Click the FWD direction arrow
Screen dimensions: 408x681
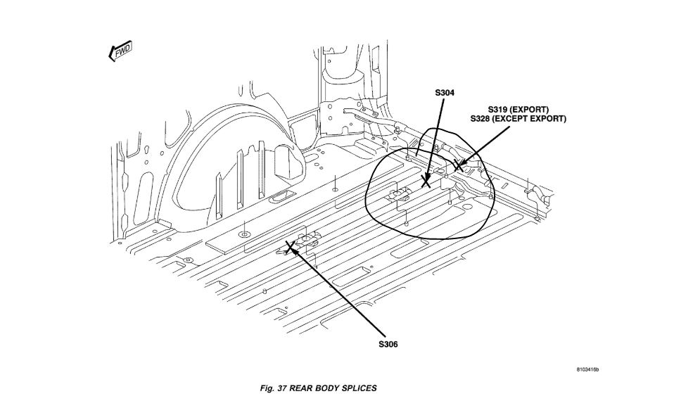(120, 51)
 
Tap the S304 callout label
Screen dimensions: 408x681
(445, 92)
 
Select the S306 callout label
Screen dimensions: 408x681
(388, 344)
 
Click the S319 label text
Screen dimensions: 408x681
(500, 110)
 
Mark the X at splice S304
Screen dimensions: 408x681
(426, 182)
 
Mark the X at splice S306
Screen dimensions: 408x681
(289, 246)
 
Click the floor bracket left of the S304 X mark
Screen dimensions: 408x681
(400, 195)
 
